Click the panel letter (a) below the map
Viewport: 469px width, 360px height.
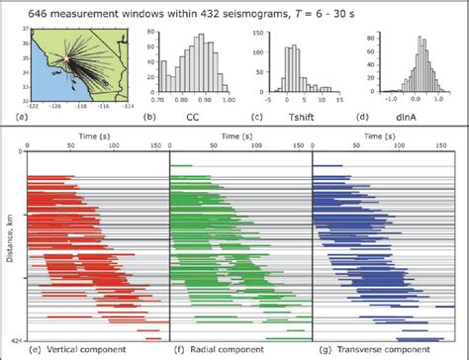point(36,119)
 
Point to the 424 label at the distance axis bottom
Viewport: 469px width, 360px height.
point(14,339)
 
